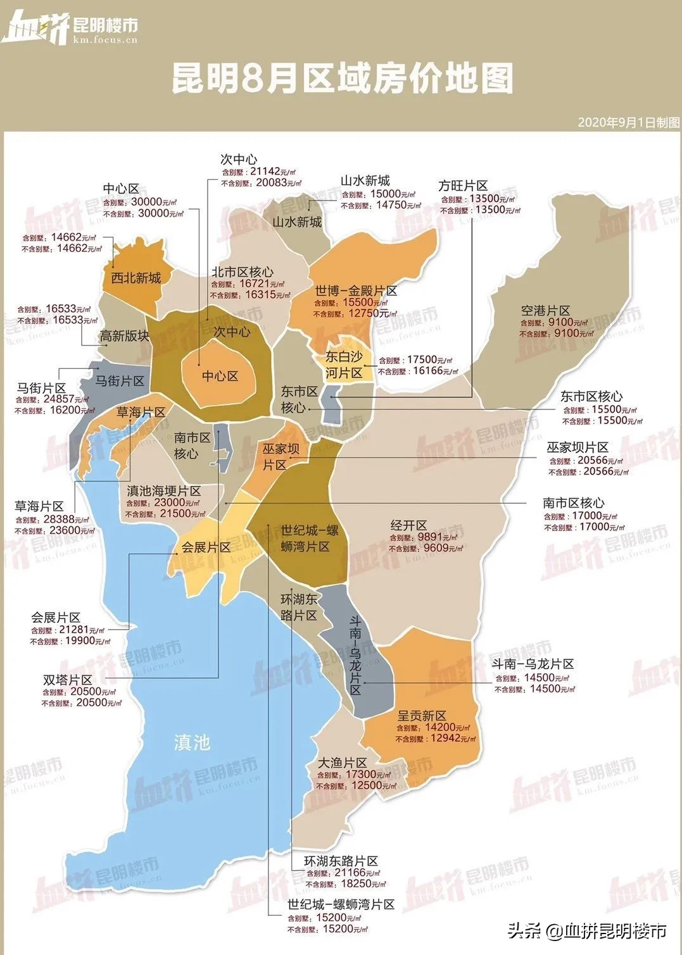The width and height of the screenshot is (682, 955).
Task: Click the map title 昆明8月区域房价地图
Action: [x=342, y=79]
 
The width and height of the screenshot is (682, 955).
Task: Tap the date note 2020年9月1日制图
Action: [x=628, y=122]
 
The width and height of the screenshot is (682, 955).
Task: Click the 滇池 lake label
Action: [x=191, y=742]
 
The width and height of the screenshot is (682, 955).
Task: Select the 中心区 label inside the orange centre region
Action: [x=220, y=376]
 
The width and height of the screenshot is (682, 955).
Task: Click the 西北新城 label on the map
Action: [x=136, y=278]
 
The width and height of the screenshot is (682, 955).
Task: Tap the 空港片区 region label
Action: [x=545, y=311]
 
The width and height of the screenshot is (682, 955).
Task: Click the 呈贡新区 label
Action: [x=422, y=716]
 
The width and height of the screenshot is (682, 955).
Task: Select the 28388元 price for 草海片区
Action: [x=61, y=520]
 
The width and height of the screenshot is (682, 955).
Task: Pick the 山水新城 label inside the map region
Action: [x=297, y=222]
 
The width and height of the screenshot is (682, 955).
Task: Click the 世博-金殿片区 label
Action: [x=356, y=291]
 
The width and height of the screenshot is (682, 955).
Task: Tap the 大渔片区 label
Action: [x=342, y=763]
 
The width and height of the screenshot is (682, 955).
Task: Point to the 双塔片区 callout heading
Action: [x=68, y=680]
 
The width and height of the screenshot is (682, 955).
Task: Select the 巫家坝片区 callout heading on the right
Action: [x=578, y=447]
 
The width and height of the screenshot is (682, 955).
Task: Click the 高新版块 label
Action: [x=124, y=336]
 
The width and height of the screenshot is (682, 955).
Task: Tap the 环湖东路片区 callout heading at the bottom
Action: [x=341, y=861]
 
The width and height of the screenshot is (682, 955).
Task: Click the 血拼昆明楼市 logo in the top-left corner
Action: [x=70, y=27]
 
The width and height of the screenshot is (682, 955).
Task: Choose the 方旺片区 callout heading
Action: [x=463, y=185]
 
